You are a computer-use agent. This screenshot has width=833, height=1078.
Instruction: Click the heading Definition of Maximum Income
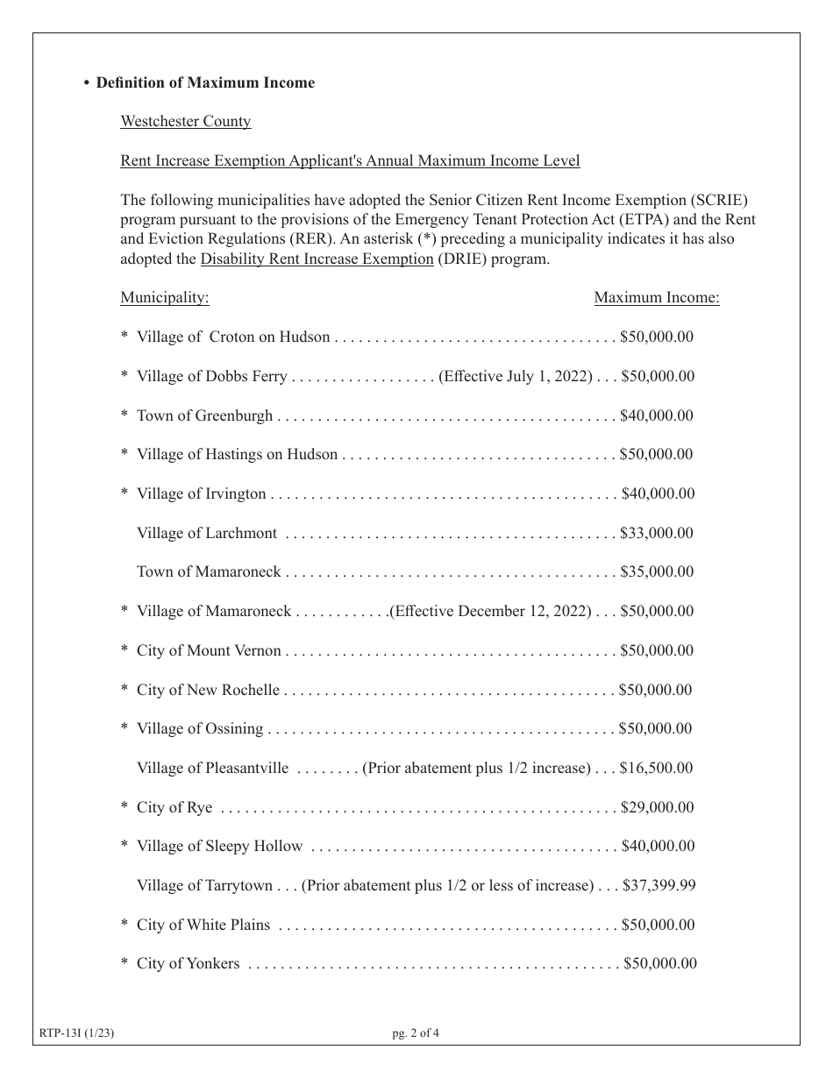click(x=205, y=82)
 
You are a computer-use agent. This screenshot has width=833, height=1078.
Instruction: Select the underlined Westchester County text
click(x=186, y=121)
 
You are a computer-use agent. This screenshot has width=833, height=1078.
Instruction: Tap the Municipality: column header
click(x=165, y=297)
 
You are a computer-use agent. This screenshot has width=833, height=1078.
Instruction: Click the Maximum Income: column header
click(x=657, y=297)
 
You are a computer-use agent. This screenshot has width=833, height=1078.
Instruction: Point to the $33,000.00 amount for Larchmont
click(x=657, y=533)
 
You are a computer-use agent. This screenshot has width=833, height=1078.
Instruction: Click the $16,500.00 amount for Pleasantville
click(x=657, y=768)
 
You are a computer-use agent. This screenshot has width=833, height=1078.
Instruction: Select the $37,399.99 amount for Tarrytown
click(x=659, y=885)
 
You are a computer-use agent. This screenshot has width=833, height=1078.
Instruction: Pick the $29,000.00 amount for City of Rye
click(x=658, y=807)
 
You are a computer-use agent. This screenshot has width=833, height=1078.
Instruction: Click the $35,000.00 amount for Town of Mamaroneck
click(x=657, y=571)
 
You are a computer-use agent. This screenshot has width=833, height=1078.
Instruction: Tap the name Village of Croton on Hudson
click(x=233, y=337)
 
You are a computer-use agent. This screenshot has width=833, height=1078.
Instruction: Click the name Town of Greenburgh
click(x=204, y=415)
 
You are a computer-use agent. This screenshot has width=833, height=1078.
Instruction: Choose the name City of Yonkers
click(x=188, y=963)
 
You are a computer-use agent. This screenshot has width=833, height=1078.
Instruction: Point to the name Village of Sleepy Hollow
click(x=219, y=846)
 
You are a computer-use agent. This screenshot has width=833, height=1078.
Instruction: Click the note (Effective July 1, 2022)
click(x=516, y=376)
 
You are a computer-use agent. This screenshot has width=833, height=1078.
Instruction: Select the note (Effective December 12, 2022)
click(x=490, y=611)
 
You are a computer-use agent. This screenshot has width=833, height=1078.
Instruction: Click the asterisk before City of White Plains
click(x=125, y=926)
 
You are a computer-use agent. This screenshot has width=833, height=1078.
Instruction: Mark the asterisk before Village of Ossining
click(x=125, y=729)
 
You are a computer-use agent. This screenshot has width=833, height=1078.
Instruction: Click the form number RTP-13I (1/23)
click(x=77, y=1032)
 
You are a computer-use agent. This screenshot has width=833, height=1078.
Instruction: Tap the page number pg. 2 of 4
click(x=416, y=1032)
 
